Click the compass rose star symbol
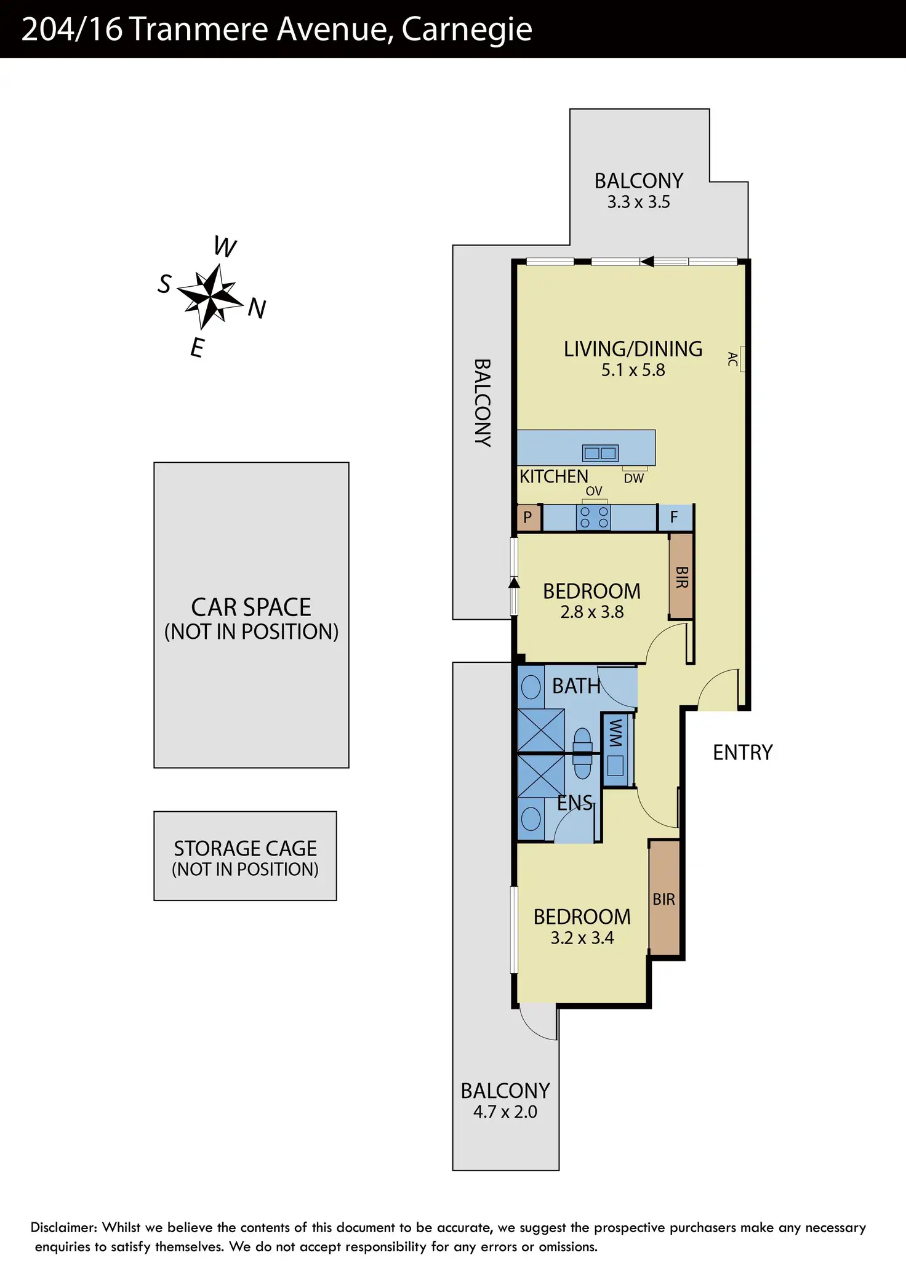(x=210, y=297)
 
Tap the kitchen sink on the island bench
(x=600, y=454)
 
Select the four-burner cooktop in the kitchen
(x=594, y=517)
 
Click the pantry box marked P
(x=528, y=518)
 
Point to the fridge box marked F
(x=674, y=518)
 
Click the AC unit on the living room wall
(x=742, y=359)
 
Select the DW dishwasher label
(x=634, y=478)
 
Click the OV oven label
(x=594, y=491)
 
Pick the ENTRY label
(x=742, y=753)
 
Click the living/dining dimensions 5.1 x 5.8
(x=633, y=371)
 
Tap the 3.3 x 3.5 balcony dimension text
(x=638, y=202)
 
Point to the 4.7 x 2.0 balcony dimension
(x=505, y=1112)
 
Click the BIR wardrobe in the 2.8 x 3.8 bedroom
(x=681, y=577)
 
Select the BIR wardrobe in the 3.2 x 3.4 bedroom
(x=664, y=899)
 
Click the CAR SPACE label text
(x=251, y=607)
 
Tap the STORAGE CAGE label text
(x=245, y=849)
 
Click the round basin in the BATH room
(x=531, y=687)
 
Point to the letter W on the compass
(x=225, y=247)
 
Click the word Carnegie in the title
(x=467, y=30)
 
